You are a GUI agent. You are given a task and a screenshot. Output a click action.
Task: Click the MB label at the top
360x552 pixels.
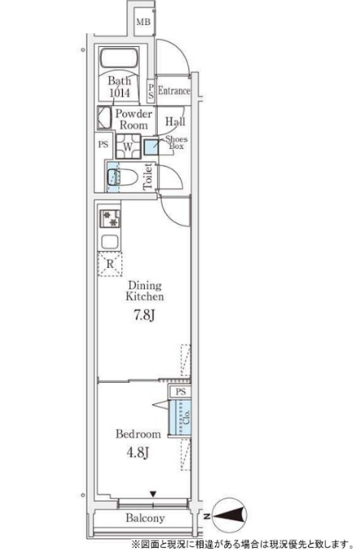[143, 22]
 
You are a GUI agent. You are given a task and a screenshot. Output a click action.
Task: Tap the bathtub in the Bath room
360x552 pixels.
[119, 58]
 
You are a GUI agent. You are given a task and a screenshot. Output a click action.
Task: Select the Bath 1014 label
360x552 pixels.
[119, 87]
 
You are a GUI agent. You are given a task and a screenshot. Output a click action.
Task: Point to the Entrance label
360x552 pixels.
[174, 91]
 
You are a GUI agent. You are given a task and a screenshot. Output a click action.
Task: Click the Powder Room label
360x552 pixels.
[133, 119]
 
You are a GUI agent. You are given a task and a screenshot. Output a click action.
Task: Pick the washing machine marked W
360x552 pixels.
[128, 146]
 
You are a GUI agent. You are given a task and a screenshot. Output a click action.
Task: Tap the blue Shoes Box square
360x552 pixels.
[151, 147]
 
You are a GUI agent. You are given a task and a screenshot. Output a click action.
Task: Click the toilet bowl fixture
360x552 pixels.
[122, 176]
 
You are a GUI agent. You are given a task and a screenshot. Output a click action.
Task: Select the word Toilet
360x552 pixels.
[148, 176]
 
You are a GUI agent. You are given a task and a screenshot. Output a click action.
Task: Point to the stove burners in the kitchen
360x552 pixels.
[110, 219]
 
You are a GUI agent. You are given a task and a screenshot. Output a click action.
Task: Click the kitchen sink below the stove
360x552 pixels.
[110, 242]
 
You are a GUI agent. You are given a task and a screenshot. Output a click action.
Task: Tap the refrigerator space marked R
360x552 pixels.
[110, 264]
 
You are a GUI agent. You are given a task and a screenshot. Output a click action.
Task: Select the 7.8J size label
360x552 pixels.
[144, 315]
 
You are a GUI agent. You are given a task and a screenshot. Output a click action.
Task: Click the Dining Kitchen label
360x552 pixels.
[145, 291]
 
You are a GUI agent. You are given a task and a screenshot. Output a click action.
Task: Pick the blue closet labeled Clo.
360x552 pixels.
[180, 418]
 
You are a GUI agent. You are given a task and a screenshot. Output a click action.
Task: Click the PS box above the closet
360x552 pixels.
[180, 392]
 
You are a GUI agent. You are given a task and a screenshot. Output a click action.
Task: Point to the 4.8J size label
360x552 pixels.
[138, 452]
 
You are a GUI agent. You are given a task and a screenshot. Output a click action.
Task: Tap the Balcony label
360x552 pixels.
[146, 518]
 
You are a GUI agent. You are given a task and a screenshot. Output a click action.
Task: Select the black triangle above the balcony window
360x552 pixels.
[153, 495]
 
